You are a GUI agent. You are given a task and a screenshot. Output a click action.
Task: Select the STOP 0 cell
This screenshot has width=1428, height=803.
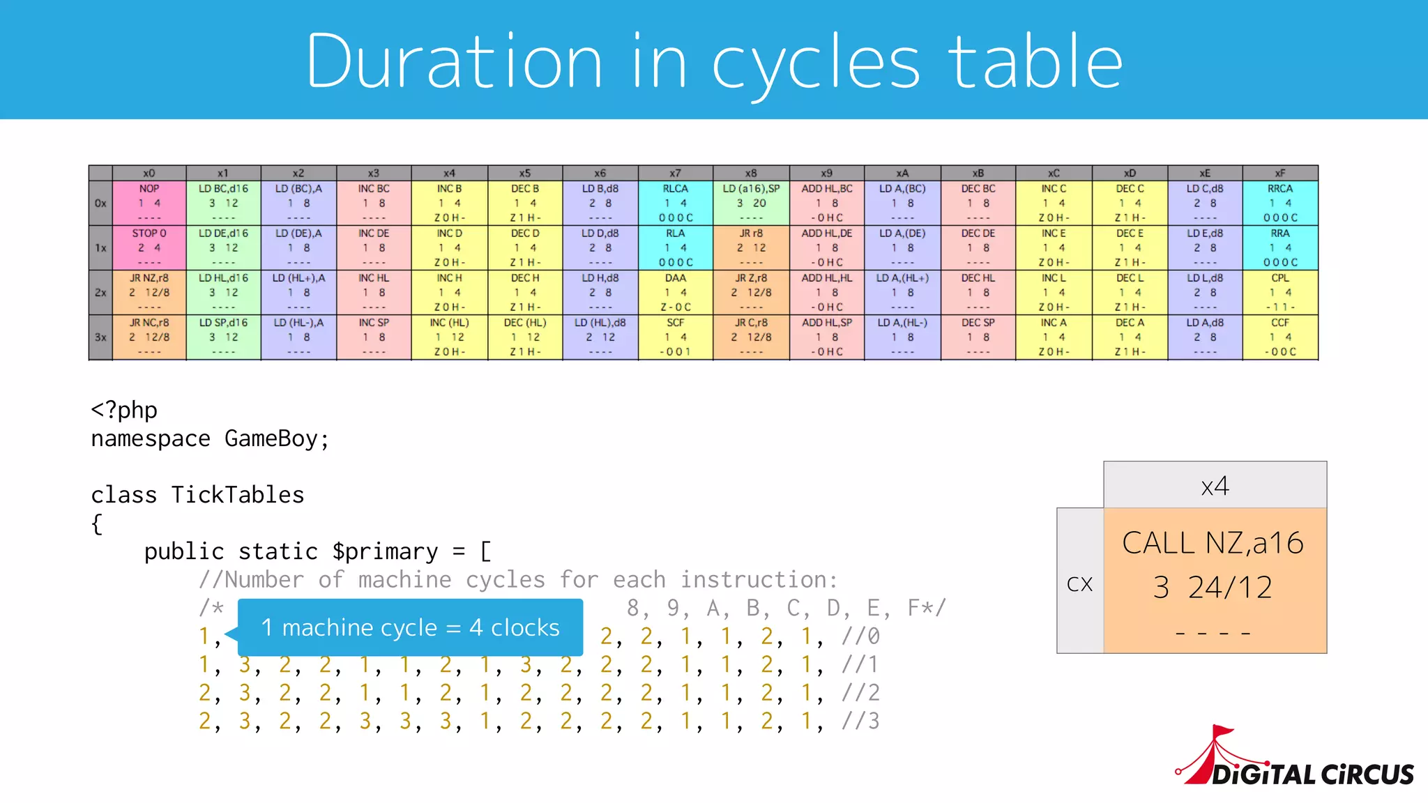tap(149, 247)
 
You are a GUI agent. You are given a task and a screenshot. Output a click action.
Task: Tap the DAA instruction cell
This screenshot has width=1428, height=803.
tap(675, 292)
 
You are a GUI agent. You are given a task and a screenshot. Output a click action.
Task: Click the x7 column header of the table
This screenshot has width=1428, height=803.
tap(675, 173)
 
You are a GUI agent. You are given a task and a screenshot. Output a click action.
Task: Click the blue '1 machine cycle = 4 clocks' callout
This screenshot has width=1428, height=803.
tap(410, 627)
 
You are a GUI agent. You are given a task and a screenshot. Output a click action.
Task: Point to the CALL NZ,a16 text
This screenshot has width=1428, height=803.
tap(1213, 543)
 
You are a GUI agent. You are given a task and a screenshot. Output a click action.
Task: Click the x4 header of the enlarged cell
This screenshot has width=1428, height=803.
tap(1215, 485)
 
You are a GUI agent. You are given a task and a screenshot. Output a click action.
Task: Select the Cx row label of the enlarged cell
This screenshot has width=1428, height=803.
tap(1079, 583)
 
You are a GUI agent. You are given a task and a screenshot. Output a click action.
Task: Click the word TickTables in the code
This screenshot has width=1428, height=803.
tap(238, 495)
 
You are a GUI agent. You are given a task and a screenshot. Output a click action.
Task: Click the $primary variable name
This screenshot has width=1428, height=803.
tap(385, 551)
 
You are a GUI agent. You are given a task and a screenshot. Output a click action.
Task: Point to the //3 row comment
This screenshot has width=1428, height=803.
tap(860, 721)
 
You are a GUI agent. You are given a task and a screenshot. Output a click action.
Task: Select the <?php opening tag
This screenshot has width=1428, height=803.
tap(124, 410)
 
